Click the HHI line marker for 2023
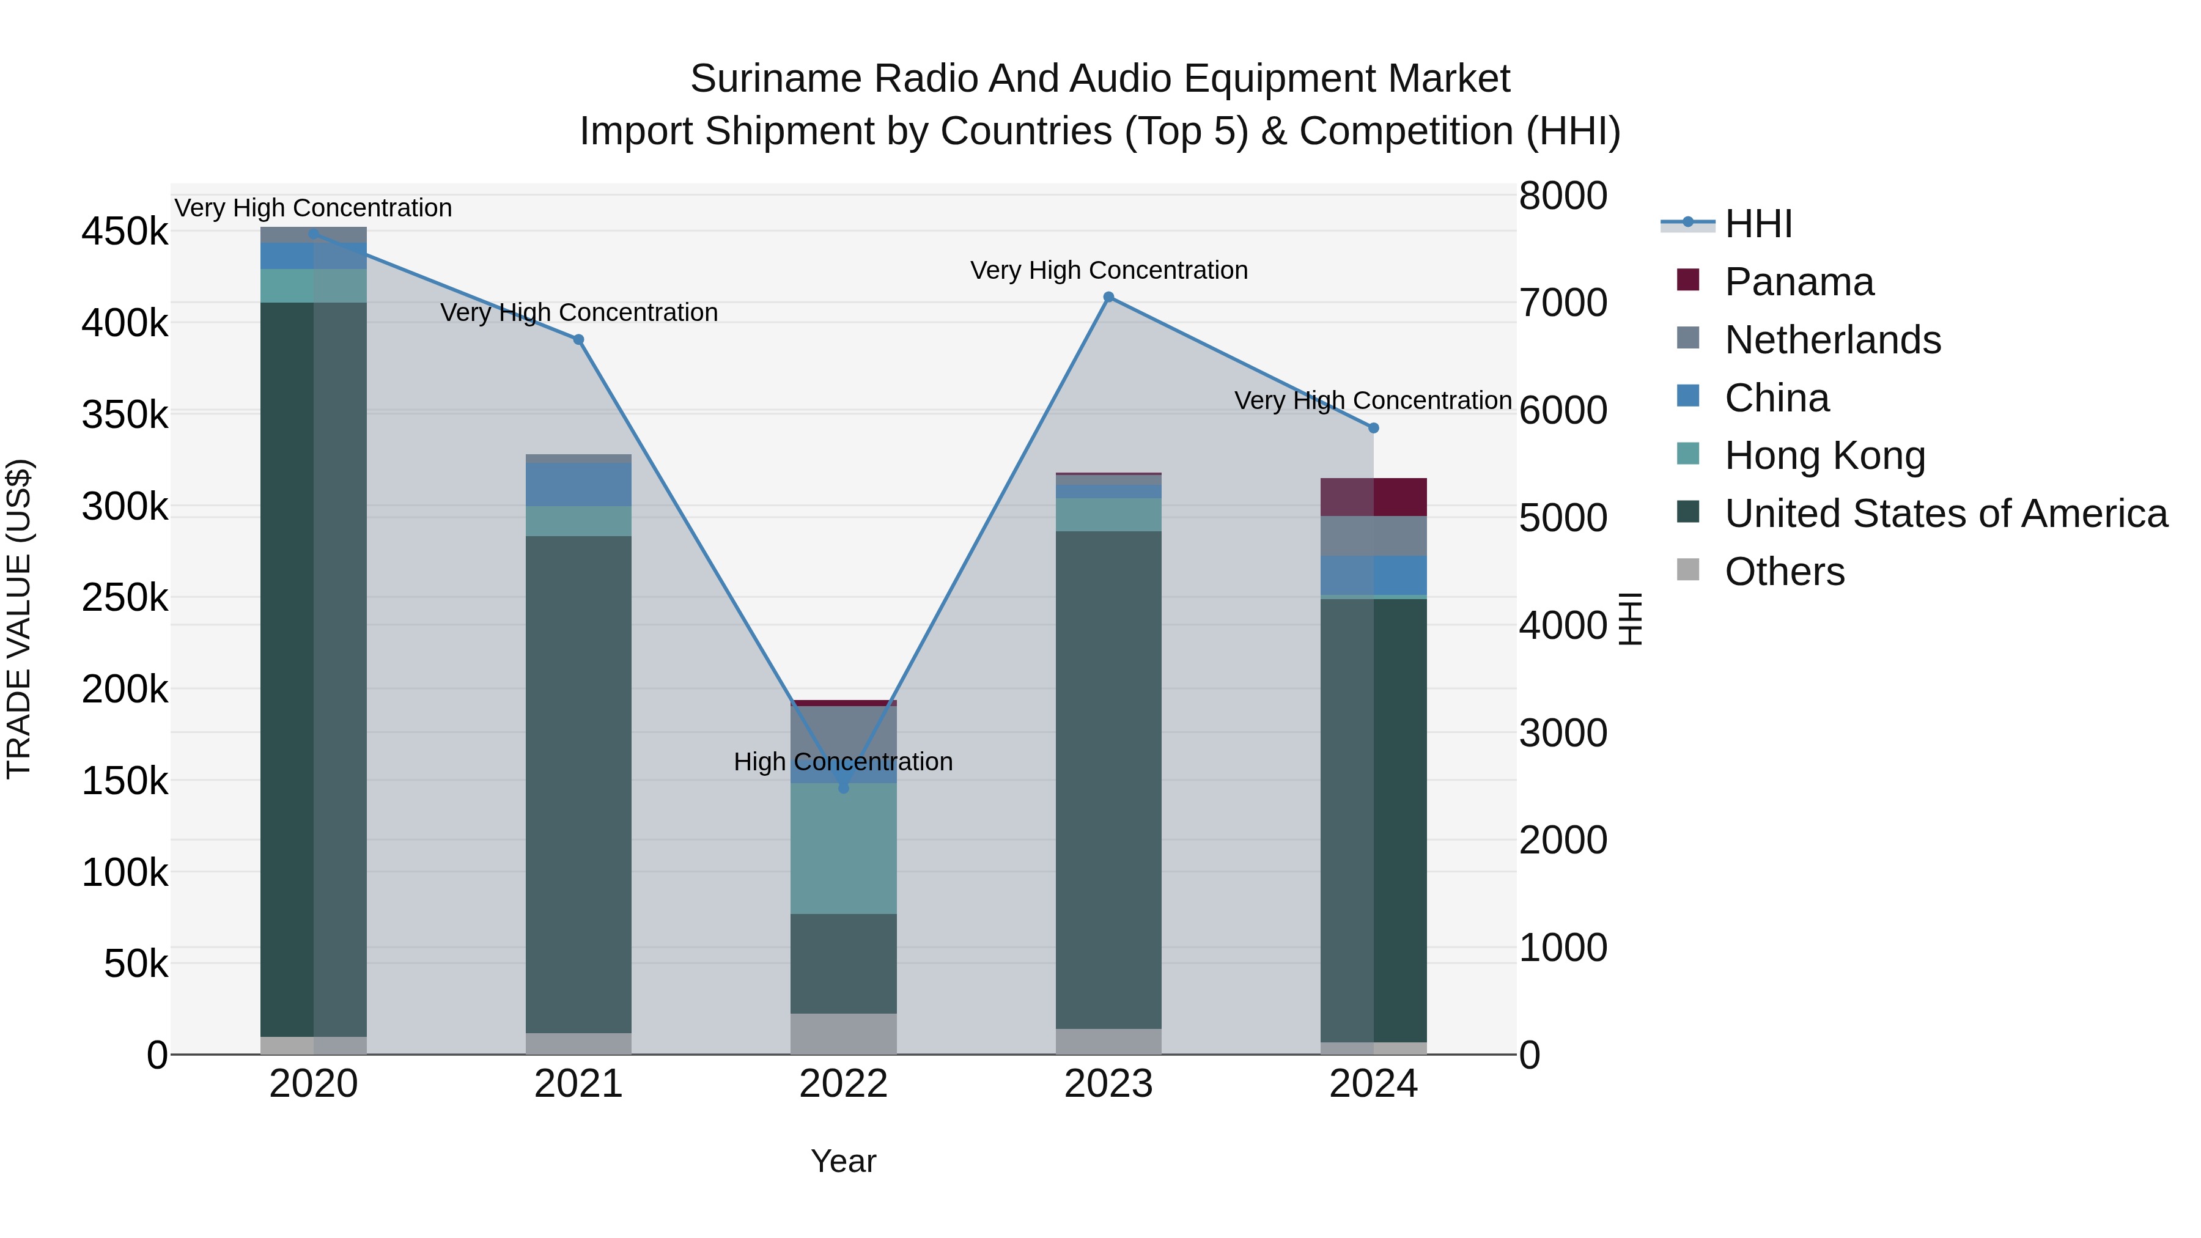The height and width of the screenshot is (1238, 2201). pyautogui.click(x=1108, y=297)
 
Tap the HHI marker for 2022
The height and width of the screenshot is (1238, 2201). pyautogui.click(x=843, y=788)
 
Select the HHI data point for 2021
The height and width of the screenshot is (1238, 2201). pyautogui.click(x=578, y=340)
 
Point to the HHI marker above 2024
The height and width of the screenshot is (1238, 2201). pyautogui.click(x=1373, y=428)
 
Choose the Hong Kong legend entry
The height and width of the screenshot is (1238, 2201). pyautogui.click(x=1824, y=455)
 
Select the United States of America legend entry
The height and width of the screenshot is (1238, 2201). pyautogui.click(x=1945, y=514)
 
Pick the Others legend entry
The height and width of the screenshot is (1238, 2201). pyautogui.click(x=1784, y=572)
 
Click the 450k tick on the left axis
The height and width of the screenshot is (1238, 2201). pyautogui.click(x=125, y=232)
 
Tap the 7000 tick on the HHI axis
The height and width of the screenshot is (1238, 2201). pyautogui.click(x=1563, y=303)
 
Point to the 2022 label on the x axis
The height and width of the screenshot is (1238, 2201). pyautogui.click(x=843, y=1084)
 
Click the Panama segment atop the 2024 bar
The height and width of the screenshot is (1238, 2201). pyautogui.click(x=1373, y=497)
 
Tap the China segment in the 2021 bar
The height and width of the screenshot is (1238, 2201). pyautogui.click(x=578, y=484)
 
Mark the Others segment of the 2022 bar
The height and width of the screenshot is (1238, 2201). pyautogui.click(x=843, y=1034)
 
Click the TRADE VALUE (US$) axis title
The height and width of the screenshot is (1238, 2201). pyautogui.click(x=19, y=619)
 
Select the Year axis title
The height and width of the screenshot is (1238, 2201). pyautogui.click(x=843, y=1161)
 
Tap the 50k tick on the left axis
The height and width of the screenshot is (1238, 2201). pyautogui.click(x=135, y=965)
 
